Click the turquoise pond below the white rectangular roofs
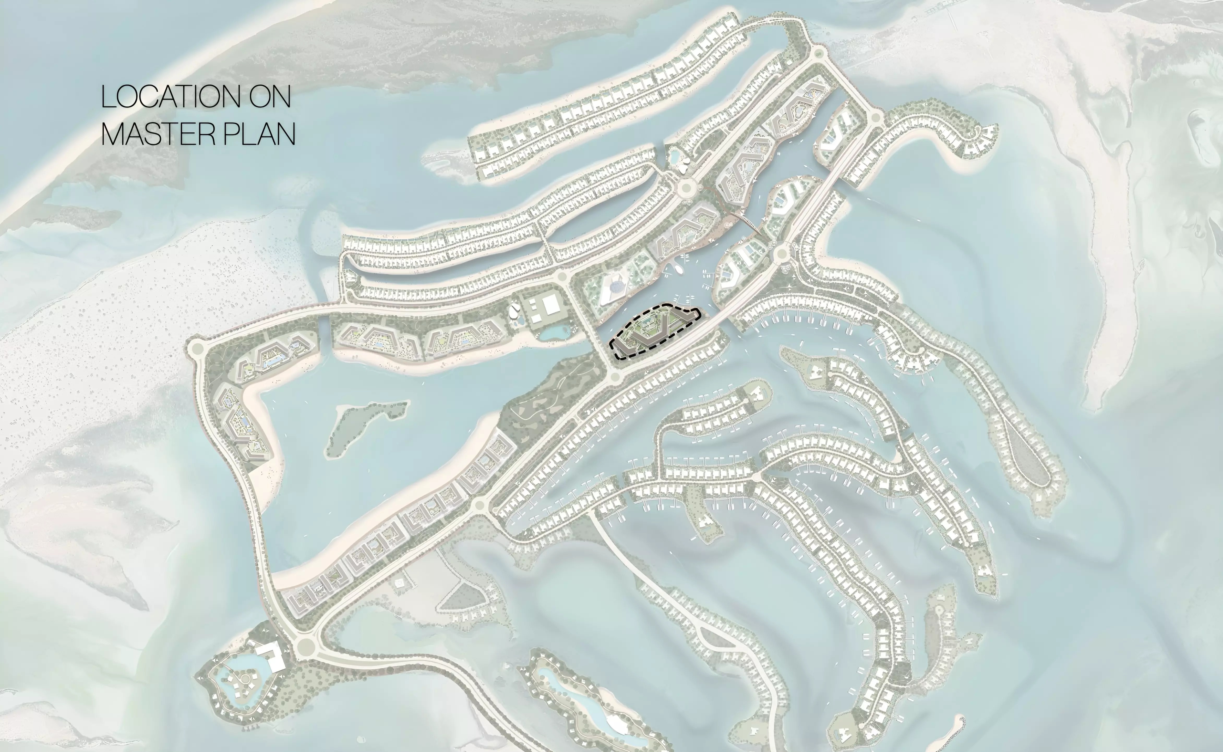point(555,332)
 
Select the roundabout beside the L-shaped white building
point(304,647)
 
